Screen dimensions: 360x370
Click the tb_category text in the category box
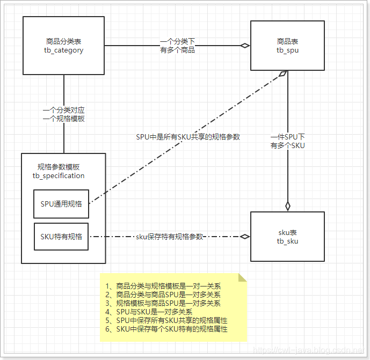(x=64, y=50)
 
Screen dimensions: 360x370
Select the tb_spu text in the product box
(x=287, y=50)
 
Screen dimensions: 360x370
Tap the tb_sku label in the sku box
(x=287, y=241)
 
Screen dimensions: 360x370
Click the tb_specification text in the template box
(x=59, y=175)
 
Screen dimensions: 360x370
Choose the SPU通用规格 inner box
(x=61, y=204)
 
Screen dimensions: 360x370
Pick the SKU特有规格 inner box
(x=61, y=236)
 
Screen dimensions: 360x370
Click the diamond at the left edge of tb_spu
(x=245, y=46)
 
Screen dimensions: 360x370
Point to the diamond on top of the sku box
(x=288, y=205)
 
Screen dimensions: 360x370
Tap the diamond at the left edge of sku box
(x=245, y=236)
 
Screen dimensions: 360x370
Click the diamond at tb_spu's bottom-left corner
(x=282, y=75)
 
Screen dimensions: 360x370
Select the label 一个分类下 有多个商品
(x=177, y=46)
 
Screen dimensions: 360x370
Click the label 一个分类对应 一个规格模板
(x=64, y=115)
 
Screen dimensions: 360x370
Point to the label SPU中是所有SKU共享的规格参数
(x=187, y=137)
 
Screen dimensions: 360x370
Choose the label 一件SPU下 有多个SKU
(x=287, y=141)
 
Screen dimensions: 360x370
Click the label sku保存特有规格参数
(x=169, y=237)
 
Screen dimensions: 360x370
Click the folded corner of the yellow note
(x=242, y=277)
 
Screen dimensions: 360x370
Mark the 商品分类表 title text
(x=64, y=41)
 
